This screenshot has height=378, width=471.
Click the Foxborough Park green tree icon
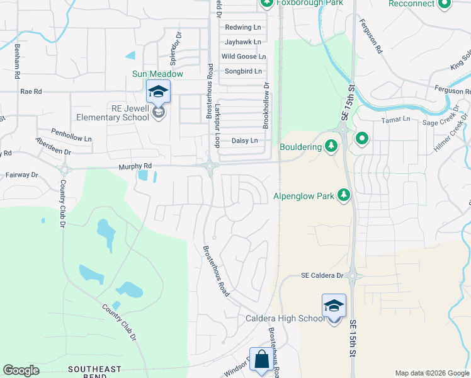[x=266, y=3]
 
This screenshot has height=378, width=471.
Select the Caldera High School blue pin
[x=334, y=306]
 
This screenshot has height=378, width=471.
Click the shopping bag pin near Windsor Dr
[x=261, y=360]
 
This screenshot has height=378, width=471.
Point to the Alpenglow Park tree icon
[x=344, y=196]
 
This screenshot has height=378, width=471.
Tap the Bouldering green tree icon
[x=332, y=147]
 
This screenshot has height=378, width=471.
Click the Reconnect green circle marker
[x=445, y=4]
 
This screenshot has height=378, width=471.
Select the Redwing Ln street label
[x=242, y=28]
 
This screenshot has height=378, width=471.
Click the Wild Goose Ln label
[x=243, y=57]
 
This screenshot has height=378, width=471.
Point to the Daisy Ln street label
[x=245, y=140]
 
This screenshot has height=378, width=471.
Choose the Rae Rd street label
[x=30, y=91]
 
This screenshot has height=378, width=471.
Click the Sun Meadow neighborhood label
[x=157, y=74]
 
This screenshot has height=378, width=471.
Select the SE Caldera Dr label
[x=322, y=275]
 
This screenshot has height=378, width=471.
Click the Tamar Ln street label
[x=395, y=119]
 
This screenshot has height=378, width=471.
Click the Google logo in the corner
[x=21, y=370]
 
